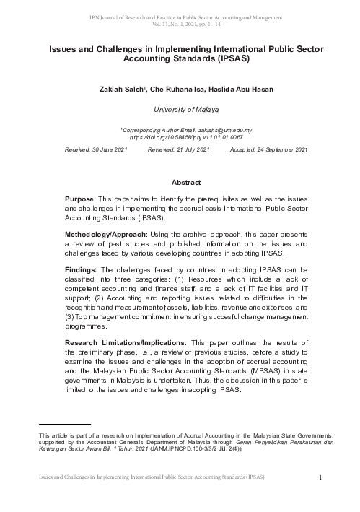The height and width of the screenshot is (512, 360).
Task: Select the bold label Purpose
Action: (80, 199)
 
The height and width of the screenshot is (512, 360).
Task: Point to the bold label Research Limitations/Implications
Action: (122, 342)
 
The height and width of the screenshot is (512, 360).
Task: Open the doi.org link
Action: (180, 135)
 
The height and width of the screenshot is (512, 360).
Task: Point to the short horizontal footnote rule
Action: (65, 425)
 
